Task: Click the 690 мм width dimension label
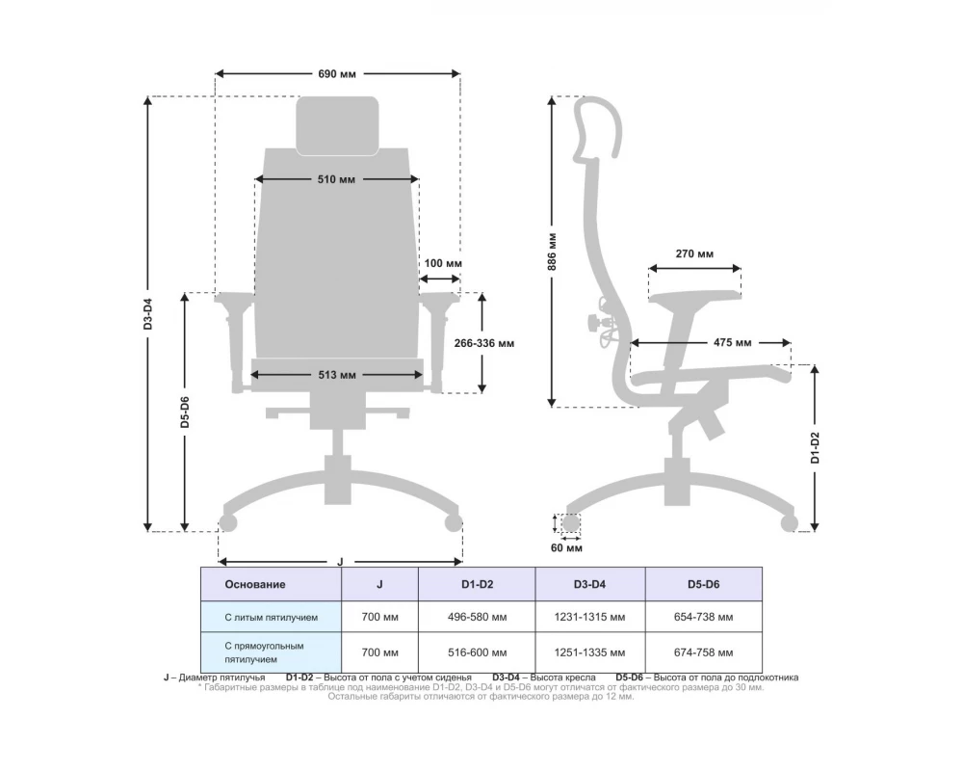(x=336, y=74)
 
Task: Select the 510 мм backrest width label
(x=336, y=179)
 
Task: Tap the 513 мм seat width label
(x=336, y=375)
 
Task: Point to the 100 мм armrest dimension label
(x=443, y=263)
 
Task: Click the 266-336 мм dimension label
(x=484, y=343)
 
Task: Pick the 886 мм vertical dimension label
(x=552, y=253)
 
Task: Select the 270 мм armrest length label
(x=694, y=253)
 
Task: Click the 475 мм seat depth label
(x=732, y=342)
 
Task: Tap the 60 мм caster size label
(x=566, y=547)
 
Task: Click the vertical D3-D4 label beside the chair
(x=148, y=313)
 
